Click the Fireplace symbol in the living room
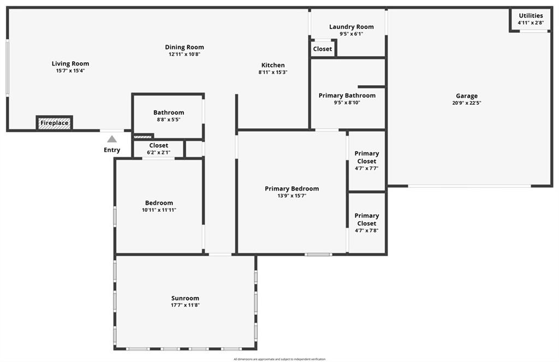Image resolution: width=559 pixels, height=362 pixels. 55,123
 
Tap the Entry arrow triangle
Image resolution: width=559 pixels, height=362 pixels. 112,139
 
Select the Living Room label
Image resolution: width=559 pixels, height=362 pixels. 70,63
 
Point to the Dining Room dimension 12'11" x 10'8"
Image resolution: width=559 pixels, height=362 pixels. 185,54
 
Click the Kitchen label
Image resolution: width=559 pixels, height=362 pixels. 273,65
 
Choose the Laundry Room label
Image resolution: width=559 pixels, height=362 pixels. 351,27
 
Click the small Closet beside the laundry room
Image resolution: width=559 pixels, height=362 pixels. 323,49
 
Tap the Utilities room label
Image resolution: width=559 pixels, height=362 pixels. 531,15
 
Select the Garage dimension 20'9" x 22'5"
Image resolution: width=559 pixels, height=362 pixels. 467,103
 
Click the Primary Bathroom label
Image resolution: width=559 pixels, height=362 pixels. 347,96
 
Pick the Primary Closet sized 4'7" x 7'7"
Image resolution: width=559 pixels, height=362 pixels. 366,161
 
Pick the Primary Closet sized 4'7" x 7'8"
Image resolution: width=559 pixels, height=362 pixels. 366,223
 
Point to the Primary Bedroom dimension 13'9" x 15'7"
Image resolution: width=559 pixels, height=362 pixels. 292,195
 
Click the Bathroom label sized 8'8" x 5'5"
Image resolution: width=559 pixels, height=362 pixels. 169,112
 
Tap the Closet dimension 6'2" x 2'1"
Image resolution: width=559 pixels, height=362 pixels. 159,153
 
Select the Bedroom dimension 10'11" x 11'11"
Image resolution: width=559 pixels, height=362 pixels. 159,210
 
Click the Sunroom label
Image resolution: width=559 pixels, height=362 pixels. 185,298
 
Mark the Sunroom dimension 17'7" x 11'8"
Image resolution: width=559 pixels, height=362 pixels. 185,305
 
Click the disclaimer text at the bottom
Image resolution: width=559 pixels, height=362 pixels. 279,359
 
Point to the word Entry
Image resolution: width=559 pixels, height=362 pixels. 112,150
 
